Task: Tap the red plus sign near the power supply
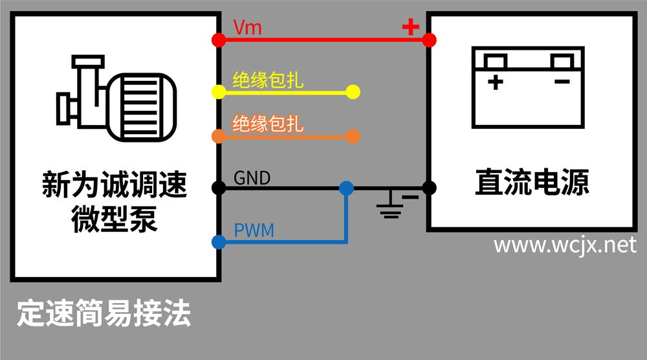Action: tap(410, 27)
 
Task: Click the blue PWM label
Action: tap(253, 230)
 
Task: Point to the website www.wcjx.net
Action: tap(565, 245)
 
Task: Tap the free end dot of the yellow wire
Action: tap(353, 92)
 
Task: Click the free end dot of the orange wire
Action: tap(353, 136)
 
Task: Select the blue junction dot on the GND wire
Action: tap(347, 188)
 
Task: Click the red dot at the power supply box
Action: tap(429, 40)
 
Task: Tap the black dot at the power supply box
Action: tap(429, 188)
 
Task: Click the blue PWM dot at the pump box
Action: tap(219, 242)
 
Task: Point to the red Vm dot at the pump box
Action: tap(219, 40)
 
